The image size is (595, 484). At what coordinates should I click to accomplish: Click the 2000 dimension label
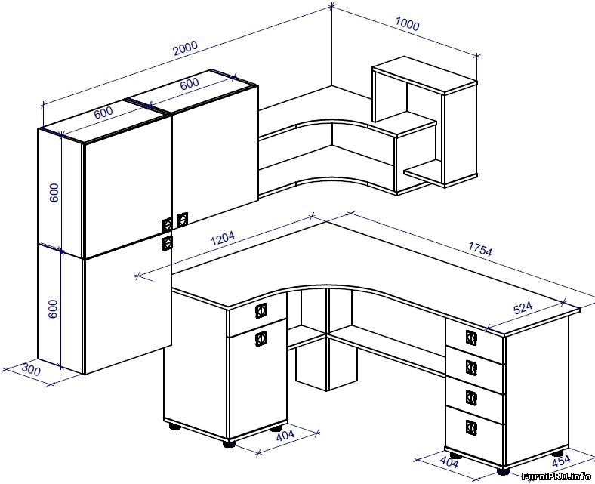pos(186,48)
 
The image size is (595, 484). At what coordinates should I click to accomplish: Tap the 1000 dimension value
pos(407,24)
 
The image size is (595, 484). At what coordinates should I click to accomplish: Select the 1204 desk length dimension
pos(223,238)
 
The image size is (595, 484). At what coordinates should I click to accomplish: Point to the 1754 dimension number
pos(480,249)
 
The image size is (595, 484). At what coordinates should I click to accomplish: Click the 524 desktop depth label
pos(523,308)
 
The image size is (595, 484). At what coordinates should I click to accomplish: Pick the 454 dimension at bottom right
pos(561,461)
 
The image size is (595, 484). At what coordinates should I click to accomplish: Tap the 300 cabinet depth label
pos(30,369)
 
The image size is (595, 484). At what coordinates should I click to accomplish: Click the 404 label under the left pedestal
pos(285,436)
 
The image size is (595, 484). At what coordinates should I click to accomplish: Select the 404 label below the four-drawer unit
pos(449,461)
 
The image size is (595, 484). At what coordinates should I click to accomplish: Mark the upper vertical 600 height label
pos(54,193)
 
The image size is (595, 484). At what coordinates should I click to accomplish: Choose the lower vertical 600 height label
pos(53,309)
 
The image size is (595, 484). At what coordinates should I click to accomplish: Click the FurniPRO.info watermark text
pos(556,476)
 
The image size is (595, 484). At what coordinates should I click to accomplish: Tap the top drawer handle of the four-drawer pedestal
pos(471,338)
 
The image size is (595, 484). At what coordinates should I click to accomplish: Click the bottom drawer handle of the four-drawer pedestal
pos(471,428)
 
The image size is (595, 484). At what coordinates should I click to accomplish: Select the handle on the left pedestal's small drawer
pos(261,310)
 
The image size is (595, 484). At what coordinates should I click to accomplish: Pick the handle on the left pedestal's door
pos(261,338)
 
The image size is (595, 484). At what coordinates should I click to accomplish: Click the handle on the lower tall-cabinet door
pos(168,243)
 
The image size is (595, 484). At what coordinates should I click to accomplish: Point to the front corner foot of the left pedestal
pos(229,443)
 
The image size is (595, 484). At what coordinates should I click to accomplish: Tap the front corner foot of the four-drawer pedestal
pos(503,471)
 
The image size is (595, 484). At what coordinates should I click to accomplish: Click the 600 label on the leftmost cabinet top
pos(103,113)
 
